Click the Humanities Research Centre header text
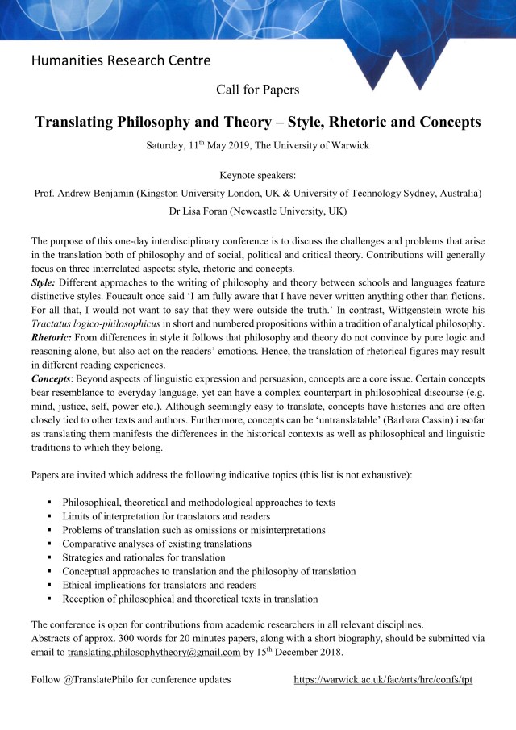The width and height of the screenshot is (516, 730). (x=121, y=60)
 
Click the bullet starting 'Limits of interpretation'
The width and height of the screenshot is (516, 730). (x=165, y=516)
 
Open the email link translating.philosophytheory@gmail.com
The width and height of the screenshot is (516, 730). (x=154, y=652)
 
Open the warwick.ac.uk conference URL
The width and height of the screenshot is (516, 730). (x=383, y=679)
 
